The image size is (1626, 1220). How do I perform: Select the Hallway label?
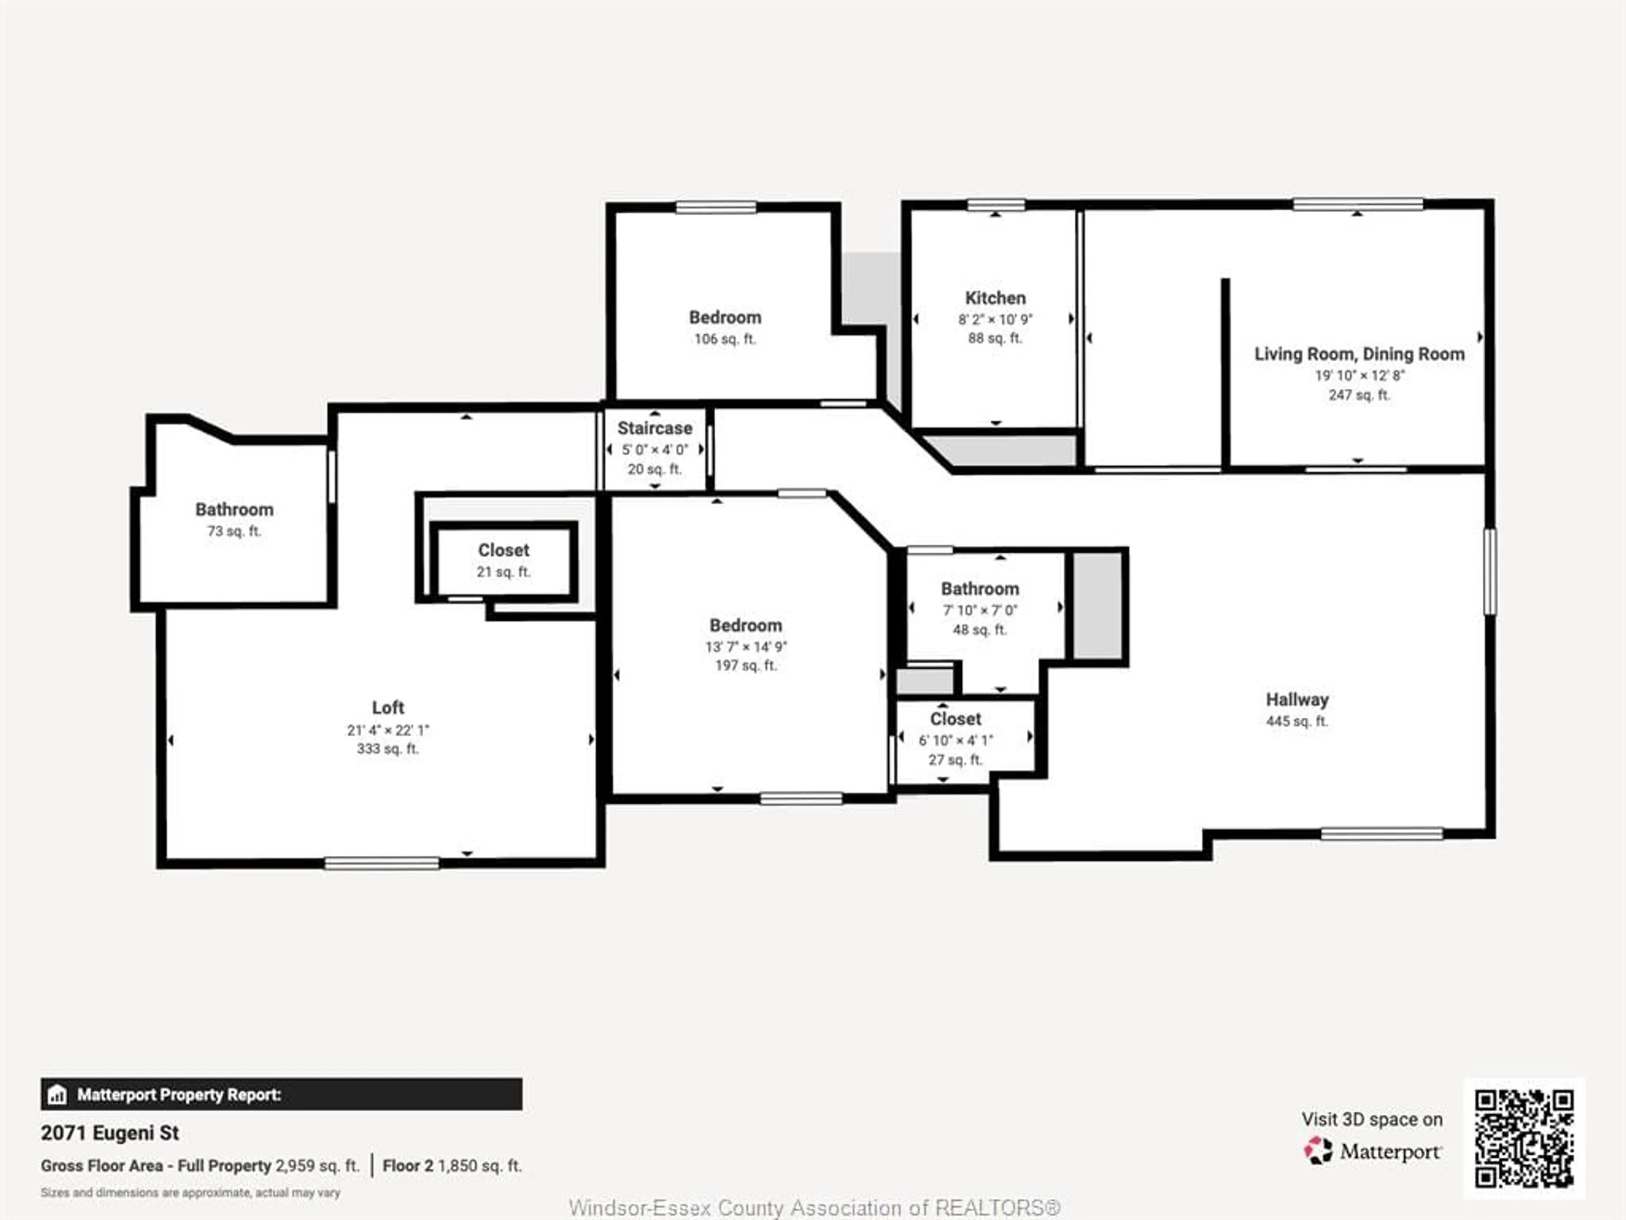pos(1297,699)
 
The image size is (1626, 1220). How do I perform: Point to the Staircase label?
pos(654,428)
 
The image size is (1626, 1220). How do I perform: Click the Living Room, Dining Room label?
pos(1358,354)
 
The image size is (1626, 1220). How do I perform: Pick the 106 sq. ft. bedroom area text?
pos(725,339)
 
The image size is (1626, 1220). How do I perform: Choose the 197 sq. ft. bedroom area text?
pos(745,665)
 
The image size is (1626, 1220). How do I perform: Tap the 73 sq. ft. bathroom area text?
pos(234,531)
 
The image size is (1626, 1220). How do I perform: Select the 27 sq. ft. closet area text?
pos(955,760)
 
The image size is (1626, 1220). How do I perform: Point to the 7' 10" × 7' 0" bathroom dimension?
pos(980,610)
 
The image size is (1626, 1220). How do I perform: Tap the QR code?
pos(1524,1138)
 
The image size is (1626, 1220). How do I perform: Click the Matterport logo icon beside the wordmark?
pos(1318,1151)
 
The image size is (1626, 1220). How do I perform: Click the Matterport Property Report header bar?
pos(282,1094)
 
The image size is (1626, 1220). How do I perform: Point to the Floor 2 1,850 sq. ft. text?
pos(451,1166)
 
